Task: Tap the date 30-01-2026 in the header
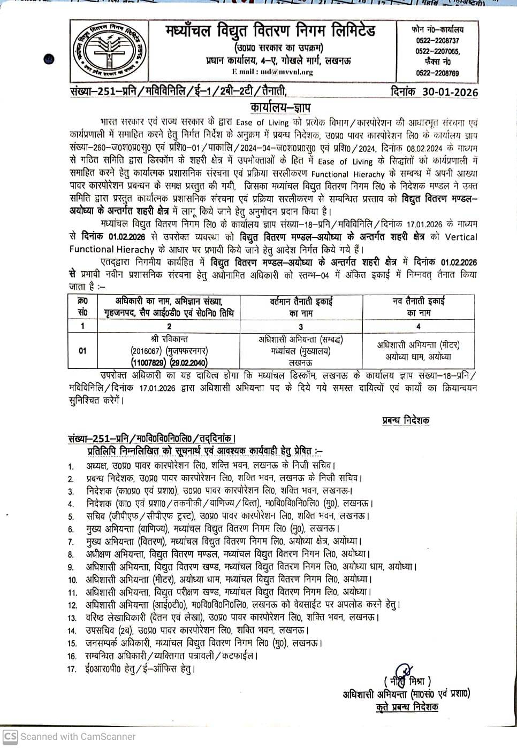point(450,91)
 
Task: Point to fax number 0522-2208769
point(437,73)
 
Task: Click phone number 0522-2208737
point(437,41)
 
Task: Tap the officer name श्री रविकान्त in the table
point(169,339)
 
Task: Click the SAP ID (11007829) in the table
point(146,363)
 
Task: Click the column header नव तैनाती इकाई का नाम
point(419,306)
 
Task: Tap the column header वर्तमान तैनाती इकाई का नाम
point(301,306)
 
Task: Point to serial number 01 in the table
point(82,351)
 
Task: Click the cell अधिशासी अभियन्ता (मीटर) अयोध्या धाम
point(418,351)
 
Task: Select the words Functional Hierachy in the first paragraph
point(348,174)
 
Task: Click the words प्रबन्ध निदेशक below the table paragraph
point(406,420)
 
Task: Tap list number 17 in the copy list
point(72,669)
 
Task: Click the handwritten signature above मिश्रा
point(402,672)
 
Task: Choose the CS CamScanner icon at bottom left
point(11,736)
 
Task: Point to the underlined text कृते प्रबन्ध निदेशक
point(406,707)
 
